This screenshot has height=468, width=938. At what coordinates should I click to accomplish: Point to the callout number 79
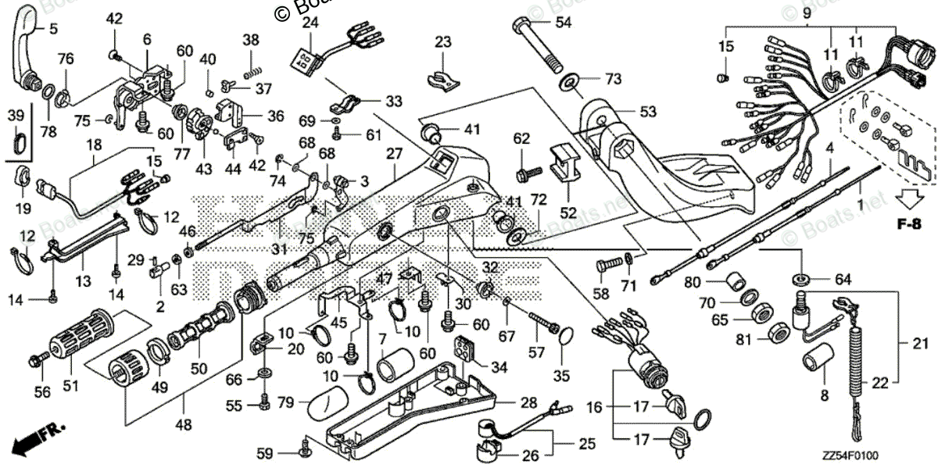pos(285,403)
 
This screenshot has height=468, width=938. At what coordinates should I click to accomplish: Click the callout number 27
pos(392,176)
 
